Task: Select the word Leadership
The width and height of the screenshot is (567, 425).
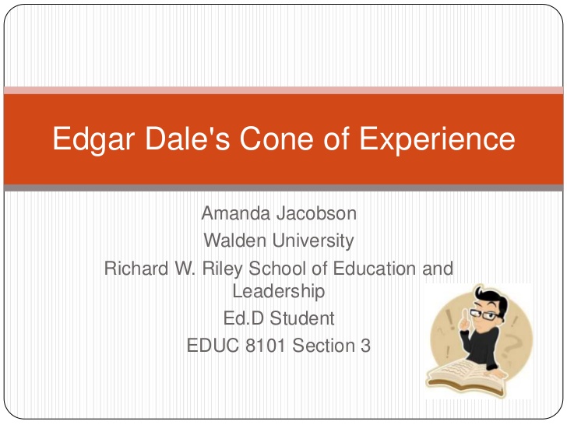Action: pyautogui.click(x=278, y=292)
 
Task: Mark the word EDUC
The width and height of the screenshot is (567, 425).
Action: pyautogui.click(x=213, y=345)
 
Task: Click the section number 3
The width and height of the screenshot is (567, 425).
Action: pyautogui.click(x=365, y=345)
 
